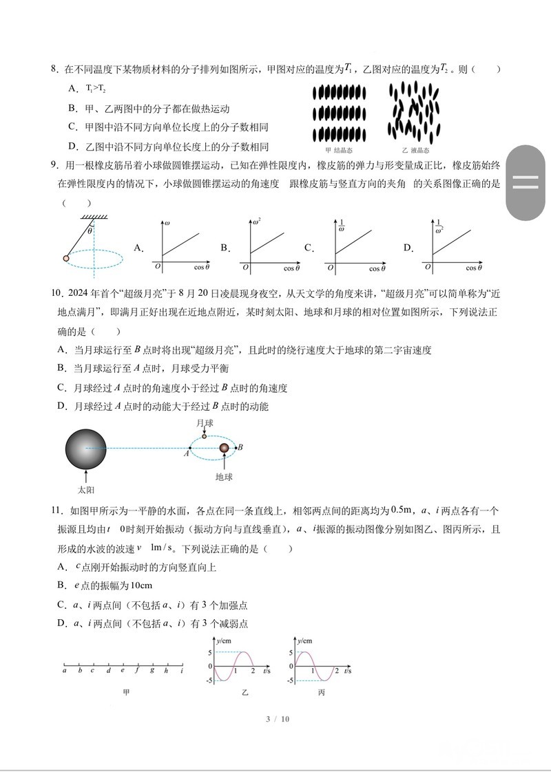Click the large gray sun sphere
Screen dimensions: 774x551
coord(87,449)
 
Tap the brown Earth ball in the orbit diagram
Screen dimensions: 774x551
coord(224,449)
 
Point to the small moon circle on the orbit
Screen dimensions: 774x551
coord(204,436)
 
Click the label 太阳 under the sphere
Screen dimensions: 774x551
coord(85,490)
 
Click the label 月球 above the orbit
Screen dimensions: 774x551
coord(204,422)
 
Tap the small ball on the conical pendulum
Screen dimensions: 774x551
coord(67,258)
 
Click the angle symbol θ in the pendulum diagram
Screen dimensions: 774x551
coord(90,230)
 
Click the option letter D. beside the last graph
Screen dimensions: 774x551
coord(408,248)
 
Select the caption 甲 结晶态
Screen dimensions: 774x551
coord(338,150)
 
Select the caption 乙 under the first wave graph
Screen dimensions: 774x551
coord(245,692)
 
